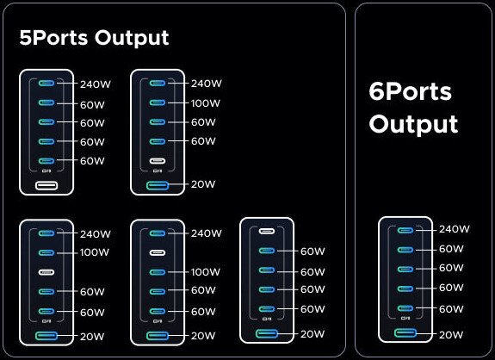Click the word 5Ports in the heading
pos(53,37)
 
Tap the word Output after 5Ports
pos(132,39)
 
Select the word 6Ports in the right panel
pos(410,91)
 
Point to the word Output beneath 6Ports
pos(413,124)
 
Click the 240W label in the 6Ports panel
pos(455,229)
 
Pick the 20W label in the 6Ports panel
pos(451,335)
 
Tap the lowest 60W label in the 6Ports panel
pos(451,309)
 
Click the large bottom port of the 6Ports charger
pos(405,332)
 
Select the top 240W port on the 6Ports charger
pos(405,231)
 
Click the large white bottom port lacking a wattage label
pos(46,185)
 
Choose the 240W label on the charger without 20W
pos(96,84)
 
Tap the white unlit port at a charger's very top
pos(267,231)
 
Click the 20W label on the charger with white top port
pos(312,334)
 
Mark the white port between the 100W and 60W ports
pos(46,272)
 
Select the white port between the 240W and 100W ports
pos(158,252)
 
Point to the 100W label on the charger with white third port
pos(95,252)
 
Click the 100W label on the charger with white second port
pos(206,272)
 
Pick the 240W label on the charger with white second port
pos(207,233)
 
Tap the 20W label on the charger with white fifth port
pos(203,184)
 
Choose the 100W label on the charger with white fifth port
pos(206,103)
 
